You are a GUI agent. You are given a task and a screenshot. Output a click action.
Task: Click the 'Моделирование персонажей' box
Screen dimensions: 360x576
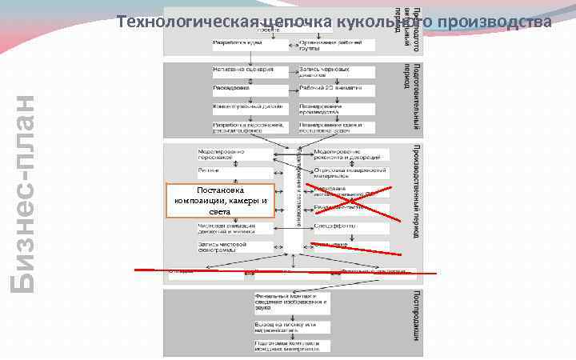pos(233,154)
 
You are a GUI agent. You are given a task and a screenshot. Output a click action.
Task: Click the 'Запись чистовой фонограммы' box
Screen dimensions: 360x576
pos(233,246)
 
